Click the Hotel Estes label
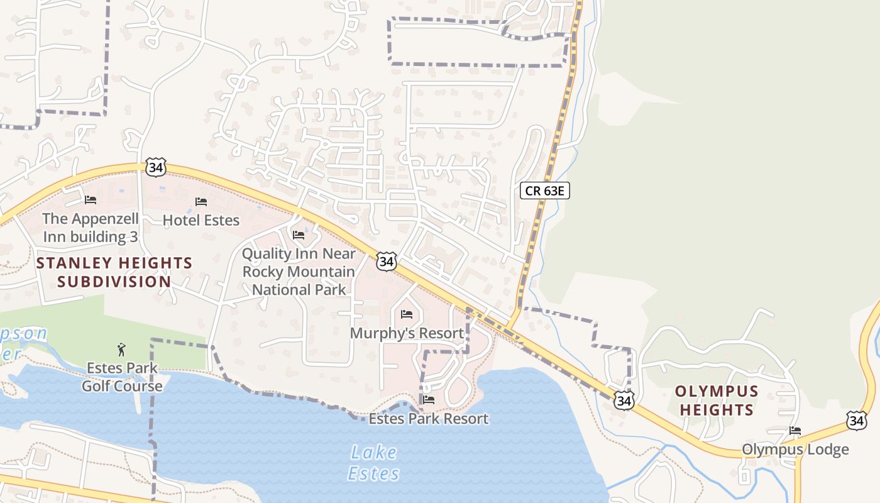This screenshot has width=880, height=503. click(201, 220)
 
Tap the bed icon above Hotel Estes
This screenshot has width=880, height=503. click(201, 202)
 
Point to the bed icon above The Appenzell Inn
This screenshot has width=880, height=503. click(91, 200)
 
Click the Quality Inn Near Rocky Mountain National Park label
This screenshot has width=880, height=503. click(299, 272)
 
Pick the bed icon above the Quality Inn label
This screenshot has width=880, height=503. click(299, 235)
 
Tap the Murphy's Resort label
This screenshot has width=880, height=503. click(407, 333)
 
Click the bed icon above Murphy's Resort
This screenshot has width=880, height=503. click(407, 314)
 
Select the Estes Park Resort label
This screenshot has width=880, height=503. click(429, 419)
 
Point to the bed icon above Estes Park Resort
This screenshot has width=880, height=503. click(429, 399)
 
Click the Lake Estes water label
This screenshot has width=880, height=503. click(374, 462)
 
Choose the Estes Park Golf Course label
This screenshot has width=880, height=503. click(122, 377)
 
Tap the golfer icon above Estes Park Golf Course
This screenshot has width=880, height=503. click(121, 348)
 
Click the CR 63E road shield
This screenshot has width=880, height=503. click(545, 191)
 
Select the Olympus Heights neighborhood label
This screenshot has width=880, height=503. click(717, 401)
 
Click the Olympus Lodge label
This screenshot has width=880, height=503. click(795, 450)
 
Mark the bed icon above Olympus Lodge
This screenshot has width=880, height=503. click(795, 431)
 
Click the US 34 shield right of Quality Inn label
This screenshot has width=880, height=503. click(387, 262)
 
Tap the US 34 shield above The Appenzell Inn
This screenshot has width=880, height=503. click(155, 167)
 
